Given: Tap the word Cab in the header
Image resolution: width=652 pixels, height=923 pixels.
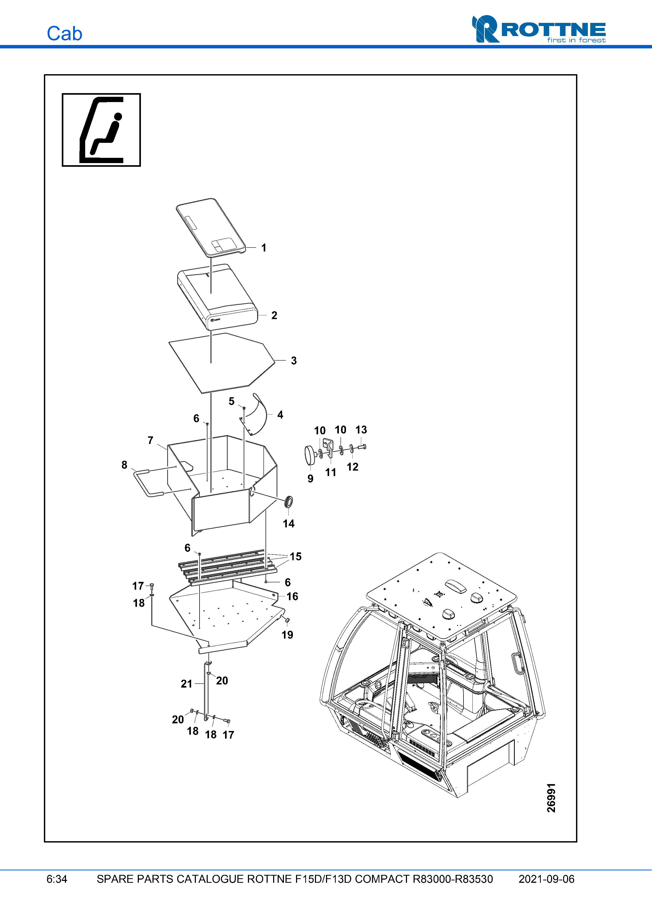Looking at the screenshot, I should (x=64, y=34).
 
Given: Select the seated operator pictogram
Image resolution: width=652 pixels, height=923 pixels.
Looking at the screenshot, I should (x=101, y=130).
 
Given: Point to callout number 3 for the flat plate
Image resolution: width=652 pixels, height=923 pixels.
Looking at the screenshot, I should (x=294, y=361).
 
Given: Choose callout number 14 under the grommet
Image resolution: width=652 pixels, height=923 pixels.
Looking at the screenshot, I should (x=288, y=523).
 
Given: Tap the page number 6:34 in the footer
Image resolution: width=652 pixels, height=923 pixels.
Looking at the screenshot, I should (x=57, y=879).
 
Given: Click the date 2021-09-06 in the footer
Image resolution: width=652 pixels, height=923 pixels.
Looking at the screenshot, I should (x=546, y=879).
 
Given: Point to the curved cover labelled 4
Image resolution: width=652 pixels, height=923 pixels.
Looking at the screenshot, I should (x=260, y=414).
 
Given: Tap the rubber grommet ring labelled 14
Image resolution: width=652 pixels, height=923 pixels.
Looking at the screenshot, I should (x=288, y=502).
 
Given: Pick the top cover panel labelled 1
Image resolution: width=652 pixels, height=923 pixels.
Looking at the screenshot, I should (x=211, y=227).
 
